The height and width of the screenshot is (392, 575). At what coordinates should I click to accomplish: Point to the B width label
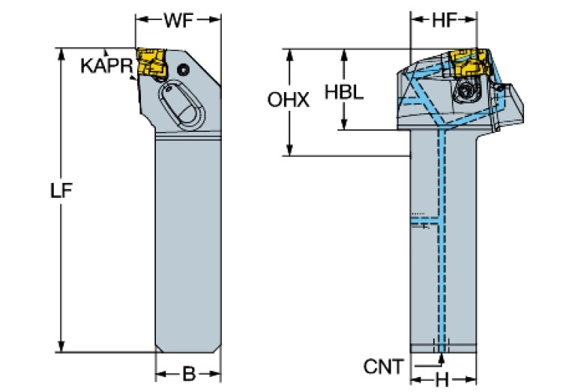[188, 373]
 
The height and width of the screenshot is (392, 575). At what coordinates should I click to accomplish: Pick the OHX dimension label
[289, 100]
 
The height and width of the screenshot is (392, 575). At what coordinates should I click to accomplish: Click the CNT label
[383, 367]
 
